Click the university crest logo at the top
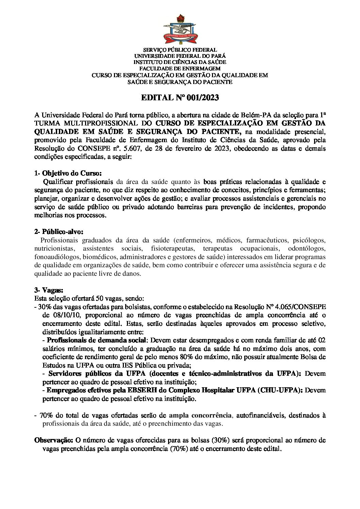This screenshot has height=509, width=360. pyautogui.click(x=180, y=29)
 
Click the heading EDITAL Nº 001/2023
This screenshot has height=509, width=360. pyautogui.click(x=180, y=98)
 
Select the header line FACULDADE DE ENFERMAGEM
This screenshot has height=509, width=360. pyautogui.click(x=180, y=69)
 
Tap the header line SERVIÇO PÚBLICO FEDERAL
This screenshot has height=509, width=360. pyautogui.click(x=180, y=50)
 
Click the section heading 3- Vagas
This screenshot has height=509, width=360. pyautogui.click(x=49, y=290)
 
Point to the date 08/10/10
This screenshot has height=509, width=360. pyautogui.click(x=54, y=315)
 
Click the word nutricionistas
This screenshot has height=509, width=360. pyautogui.click(x=54, y=249)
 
